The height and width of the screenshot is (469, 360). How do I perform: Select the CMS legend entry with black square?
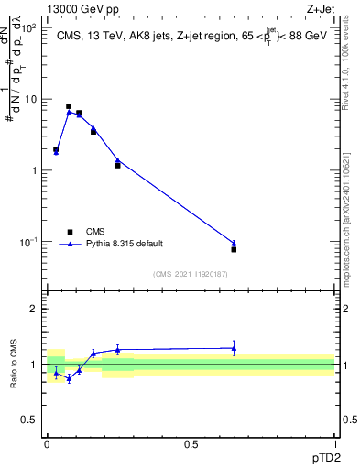(70, 232)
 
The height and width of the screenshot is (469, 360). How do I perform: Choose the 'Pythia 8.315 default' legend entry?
(70, 244)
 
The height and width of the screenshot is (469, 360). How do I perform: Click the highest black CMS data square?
(69, 106)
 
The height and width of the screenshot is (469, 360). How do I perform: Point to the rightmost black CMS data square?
(234, 249)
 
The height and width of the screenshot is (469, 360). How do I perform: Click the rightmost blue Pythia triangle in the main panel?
(234, 243)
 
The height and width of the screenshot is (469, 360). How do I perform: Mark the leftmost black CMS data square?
(56, 149)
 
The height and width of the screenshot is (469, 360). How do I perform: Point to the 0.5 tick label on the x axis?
(191, 444)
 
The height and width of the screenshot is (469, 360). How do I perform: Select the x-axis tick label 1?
(334, 444)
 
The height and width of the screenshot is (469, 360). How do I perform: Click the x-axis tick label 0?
(48, 444)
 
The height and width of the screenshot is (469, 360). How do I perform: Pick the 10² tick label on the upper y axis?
(30, 27)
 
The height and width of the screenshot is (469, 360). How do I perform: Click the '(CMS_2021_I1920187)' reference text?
(191, 274)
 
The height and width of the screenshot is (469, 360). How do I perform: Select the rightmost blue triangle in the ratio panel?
(234, 348)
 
